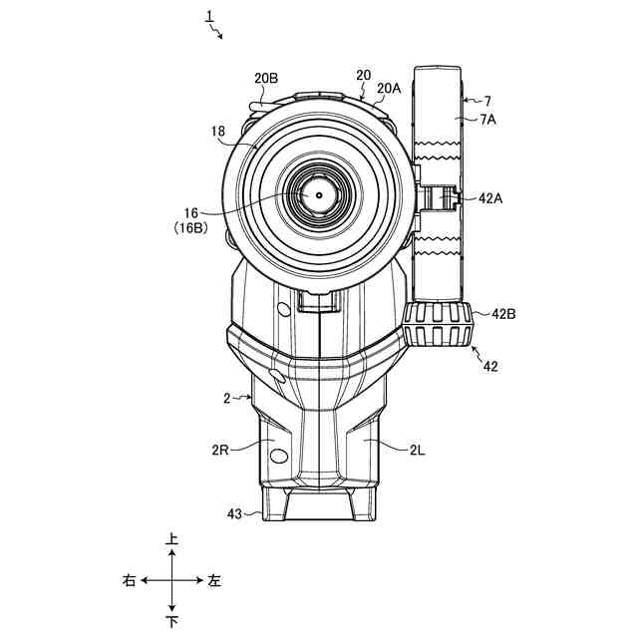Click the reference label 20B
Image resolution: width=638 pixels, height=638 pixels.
(x=266, y=78)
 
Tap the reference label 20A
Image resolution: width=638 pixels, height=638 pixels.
(x=389, y=89)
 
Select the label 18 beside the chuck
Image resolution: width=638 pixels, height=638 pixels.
(x=218, y=132)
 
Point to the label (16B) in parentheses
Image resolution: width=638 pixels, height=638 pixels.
(x=190, y=228)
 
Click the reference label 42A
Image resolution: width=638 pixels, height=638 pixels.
(x=490, y=198)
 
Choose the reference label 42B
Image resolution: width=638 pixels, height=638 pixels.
(x=503, y=314)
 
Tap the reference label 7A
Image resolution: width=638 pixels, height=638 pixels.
(x=488, y=120)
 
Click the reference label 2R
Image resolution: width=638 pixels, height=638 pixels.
(x=220, y=451)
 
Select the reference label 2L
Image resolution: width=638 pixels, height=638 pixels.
(x=417, y=451)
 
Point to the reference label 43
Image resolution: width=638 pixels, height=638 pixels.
(x=234, y=514)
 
